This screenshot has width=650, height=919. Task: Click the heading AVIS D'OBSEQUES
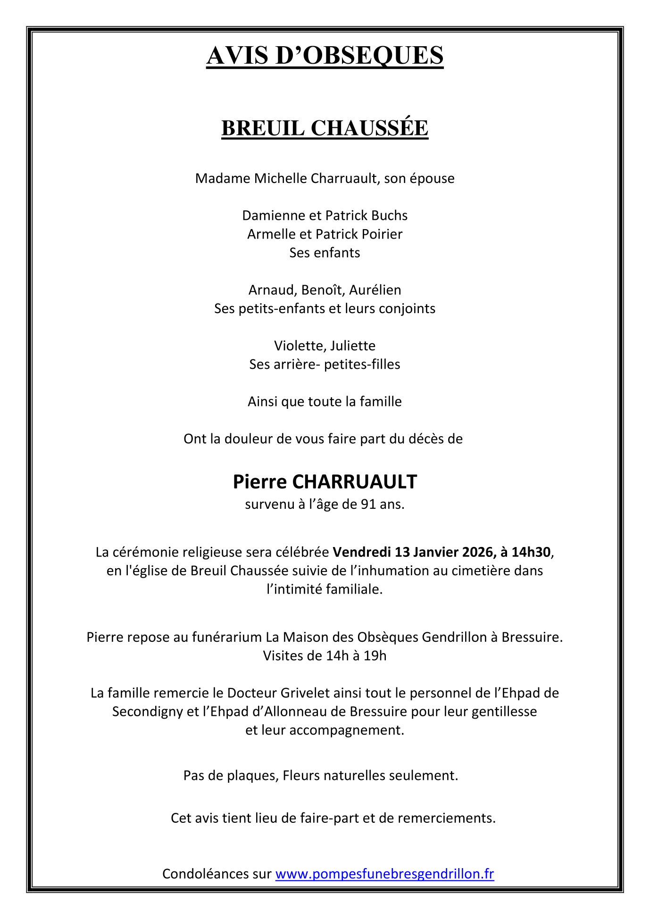(x=325, y=56)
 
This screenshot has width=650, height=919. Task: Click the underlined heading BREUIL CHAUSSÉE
(x=325, y=128)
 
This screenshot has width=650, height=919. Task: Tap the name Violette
(x=298, y=346)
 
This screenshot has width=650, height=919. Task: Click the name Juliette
(x=353, y=346)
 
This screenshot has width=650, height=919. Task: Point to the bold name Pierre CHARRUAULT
(x=325, y=482)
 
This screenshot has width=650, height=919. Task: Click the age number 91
(x=368, y=505)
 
